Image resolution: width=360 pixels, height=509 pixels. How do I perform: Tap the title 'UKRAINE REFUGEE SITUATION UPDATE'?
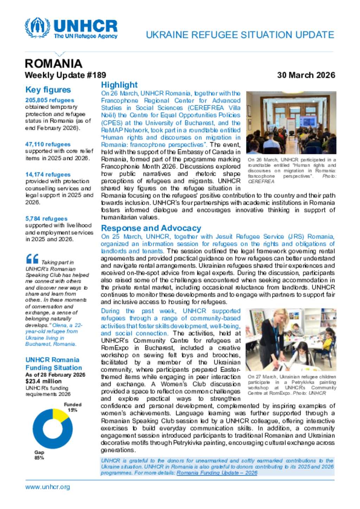[x=240, y=35]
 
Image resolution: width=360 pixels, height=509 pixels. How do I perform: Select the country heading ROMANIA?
[x=53, y=64]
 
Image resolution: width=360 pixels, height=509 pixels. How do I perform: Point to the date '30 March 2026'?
[x=306, y=75]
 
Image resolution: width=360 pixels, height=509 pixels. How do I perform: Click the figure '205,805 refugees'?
[x=50, y=100]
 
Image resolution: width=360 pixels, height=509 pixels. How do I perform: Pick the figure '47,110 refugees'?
[x=48, y=144]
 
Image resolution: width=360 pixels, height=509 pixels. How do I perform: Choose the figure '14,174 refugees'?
[x=48, y=175]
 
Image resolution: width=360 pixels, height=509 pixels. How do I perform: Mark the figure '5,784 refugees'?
[x=46, y=218]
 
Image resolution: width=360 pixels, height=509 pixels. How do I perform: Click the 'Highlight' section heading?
[x=119, y=85]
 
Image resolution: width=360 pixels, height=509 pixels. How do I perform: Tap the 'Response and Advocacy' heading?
[x=151, y=228]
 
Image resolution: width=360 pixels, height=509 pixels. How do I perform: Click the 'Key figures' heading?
[x=48, y=90]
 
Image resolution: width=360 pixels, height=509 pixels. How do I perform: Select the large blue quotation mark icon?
[x=32, y=259]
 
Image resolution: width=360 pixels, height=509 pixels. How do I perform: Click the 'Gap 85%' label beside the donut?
[x=39, y=455]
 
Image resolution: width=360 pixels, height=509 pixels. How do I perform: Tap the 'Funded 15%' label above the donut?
[x=72, y=407]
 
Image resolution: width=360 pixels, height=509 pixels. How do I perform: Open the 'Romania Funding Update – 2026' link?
[x=217, y=473]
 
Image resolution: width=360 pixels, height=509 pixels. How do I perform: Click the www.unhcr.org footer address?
[x=47, y=487]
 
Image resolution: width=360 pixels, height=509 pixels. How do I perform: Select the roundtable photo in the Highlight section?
[x=291, y=123]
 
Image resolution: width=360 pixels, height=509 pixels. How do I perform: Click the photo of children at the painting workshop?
[x=291, y=339]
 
